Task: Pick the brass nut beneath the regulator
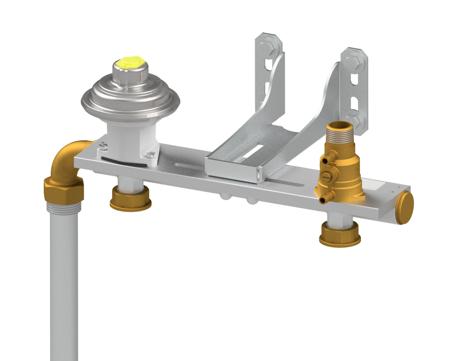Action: (x=131, y=200)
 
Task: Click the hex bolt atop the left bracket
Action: (x=269, y=44)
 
